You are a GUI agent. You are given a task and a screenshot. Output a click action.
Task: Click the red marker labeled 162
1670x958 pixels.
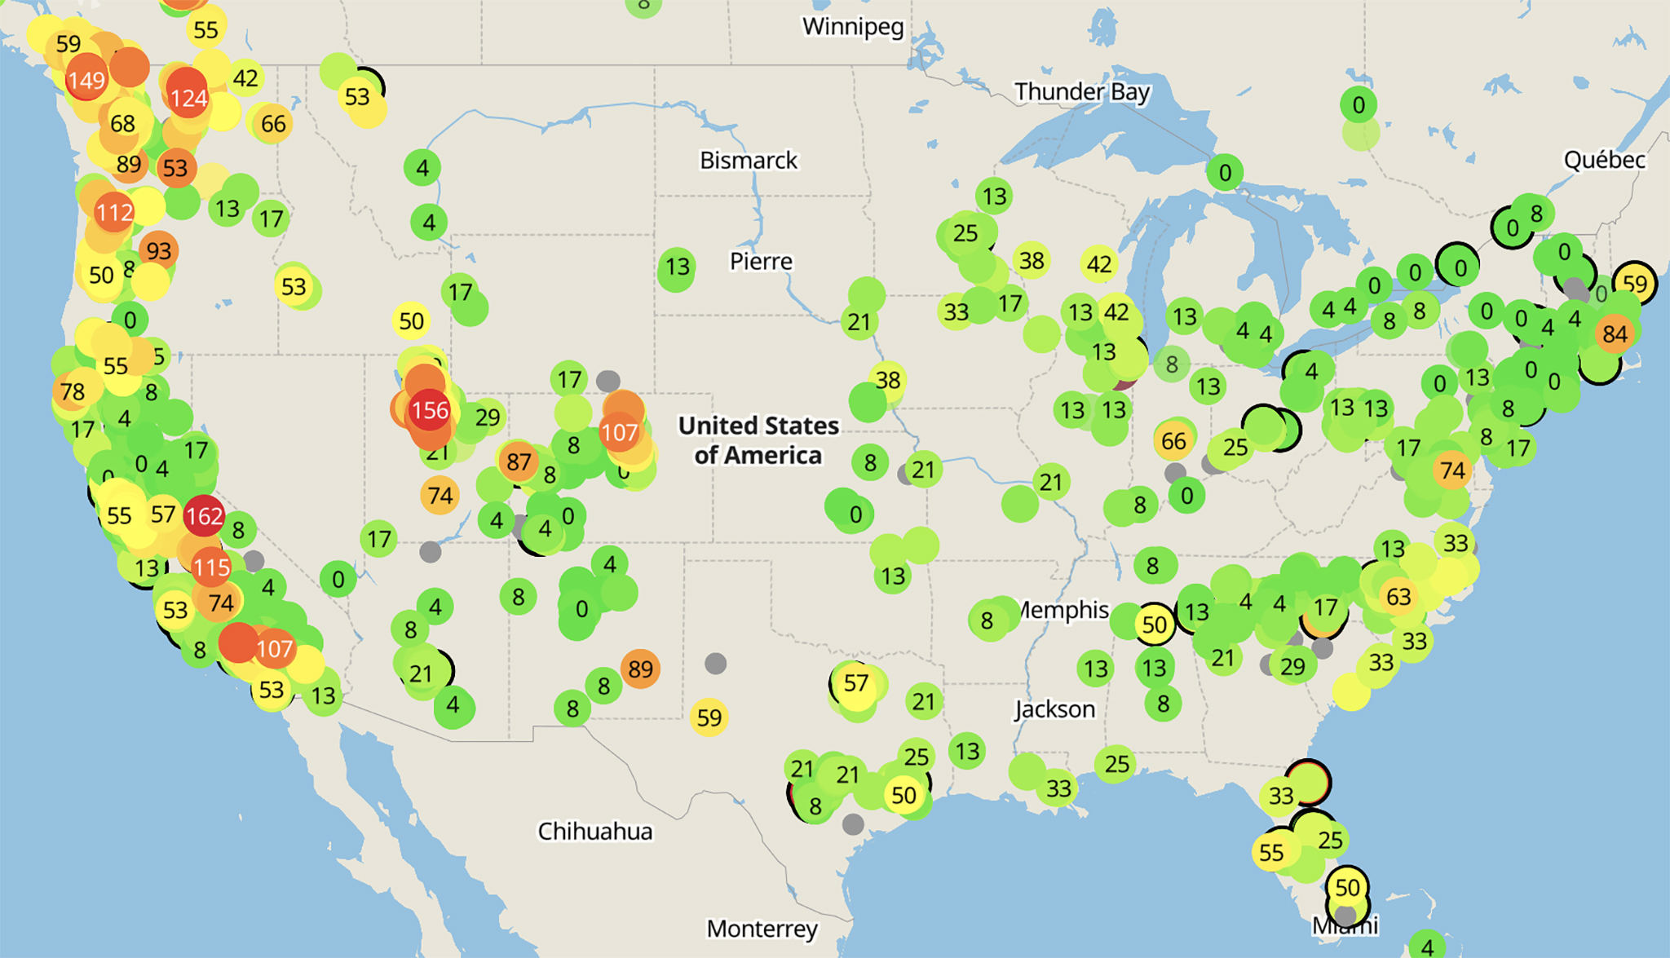click(203, 515)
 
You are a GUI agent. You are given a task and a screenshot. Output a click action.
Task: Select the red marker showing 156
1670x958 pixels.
click(430, 410)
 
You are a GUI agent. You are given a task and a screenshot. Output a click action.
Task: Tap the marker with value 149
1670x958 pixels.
click(86, 80)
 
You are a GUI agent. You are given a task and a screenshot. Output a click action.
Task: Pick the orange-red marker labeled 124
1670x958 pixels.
click(188, 98)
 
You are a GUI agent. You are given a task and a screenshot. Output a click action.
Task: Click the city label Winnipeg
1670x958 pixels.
click(853, 27)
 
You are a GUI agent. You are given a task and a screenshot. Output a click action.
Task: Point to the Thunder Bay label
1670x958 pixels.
click(1082, 92)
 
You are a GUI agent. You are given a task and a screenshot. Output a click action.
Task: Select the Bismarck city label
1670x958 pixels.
click(749, 161)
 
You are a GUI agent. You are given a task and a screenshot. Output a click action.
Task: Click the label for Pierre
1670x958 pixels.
click(761, 262)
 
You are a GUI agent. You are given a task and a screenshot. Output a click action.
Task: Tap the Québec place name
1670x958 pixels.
click(1604, 160)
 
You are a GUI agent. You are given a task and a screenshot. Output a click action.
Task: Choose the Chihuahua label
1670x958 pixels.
click(595, 832)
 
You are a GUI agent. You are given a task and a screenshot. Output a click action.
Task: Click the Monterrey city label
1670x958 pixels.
click(762, 929)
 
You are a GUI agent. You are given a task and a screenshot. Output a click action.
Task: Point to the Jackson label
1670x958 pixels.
click(1054, 709)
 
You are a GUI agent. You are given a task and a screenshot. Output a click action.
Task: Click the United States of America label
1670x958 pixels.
click(758, 440)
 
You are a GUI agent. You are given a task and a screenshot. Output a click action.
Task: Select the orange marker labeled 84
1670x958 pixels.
click(1615, 333)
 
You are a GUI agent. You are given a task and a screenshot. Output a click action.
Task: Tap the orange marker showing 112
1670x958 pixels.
click(114, 213)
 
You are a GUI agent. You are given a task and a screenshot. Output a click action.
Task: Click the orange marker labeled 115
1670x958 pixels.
click(211, 567)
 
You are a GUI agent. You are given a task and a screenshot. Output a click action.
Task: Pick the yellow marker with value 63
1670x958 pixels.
click(1398, 597)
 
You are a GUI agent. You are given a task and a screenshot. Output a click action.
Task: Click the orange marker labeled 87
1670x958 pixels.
click(519, 461)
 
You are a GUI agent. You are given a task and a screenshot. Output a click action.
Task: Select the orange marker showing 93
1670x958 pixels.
click(159, 250)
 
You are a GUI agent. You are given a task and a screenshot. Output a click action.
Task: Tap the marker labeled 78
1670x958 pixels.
click(73, 392)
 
